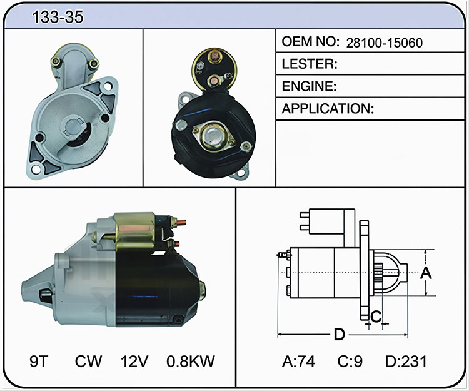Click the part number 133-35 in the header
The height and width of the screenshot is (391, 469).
coord(58,17)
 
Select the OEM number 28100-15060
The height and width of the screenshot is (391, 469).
coord(385,43)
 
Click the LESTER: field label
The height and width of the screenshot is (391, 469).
coord(310,64)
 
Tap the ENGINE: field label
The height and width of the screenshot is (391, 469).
coord(309,86)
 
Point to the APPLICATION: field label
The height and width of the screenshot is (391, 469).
coord(328,109)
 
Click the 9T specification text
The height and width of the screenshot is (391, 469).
coord(39,361)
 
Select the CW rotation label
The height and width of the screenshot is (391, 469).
coord(88,361)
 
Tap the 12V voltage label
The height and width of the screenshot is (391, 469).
coord(134,361)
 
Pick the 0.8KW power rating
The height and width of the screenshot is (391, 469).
coord(191,361)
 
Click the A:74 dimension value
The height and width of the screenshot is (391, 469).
coord(298,361)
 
